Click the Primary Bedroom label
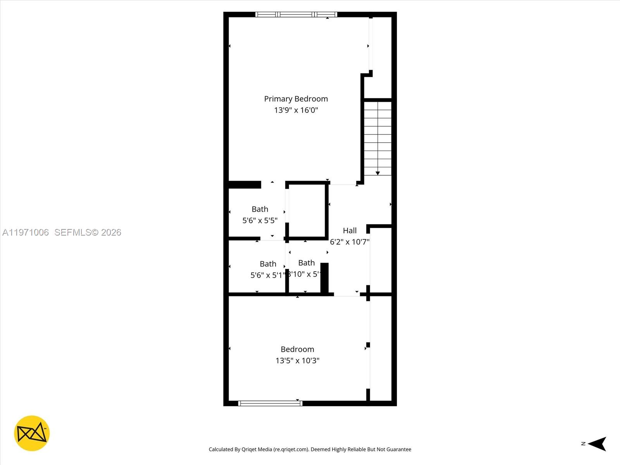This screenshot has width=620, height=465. (x=296, y=99)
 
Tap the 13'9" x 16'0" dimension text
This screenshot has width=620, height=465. (x=296, y=110)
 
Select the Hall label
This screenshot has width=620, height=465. (x=350, y=231)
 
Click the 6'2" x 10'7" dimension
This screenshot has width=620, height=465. (x=350, y=242)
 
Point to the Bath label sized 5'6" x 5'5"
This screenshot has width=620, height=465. (x=260, y=209)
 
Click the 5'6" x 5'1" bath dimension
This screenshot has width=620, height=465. (x=267, y=275)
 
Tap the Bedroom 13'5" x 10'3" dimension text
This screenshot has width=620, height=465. (x=297, y=360)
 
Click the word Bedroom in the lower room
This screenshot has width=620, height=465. (x=297, y=349)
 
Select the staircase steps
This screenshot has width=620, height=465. (x=377, y=136)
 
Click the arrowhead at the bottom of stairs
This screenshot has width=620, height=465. (x=377, y=173)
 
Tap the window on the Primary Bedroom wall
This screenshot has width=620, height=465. (x=296, y=15)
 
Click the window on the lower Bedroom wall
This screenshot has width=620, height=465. (x=270, y=403)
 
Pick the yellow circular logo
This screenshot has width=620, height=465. (x=32, y=433)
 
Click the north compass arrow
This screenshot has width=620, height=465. (x=598, y=444)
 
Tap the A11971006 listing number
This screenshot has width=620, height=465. (x=26, y=232)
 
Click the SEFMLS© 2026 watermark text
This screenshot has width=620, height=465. (x=88, y=232)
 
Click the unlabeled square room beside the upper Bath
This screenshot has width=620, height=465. (x=307, y=211)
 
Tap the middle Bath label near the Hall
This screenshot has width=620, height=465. (x=306, y=263)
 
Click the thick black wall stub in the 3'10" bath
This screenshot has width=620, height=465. (x=324, y=278)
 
